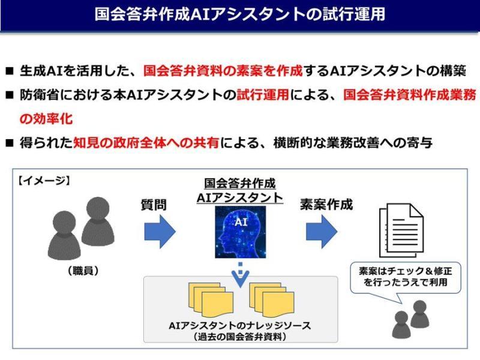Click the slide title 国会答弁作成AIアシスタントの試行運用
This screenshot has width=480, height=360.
(240, 14)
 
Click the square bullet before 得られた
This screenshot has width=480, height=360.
(9, 144)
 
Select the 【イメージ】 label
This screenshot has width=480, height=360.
(44, 179)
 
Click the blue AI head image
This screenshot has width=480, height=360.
(240, 231)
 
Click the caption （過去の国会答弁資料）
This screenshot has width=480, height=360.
(240, 337)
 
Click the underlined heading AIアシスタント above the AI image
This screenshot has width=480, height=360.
(240, 197)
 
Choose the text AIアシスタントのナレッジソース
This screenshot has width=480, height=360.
(240, 326)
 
